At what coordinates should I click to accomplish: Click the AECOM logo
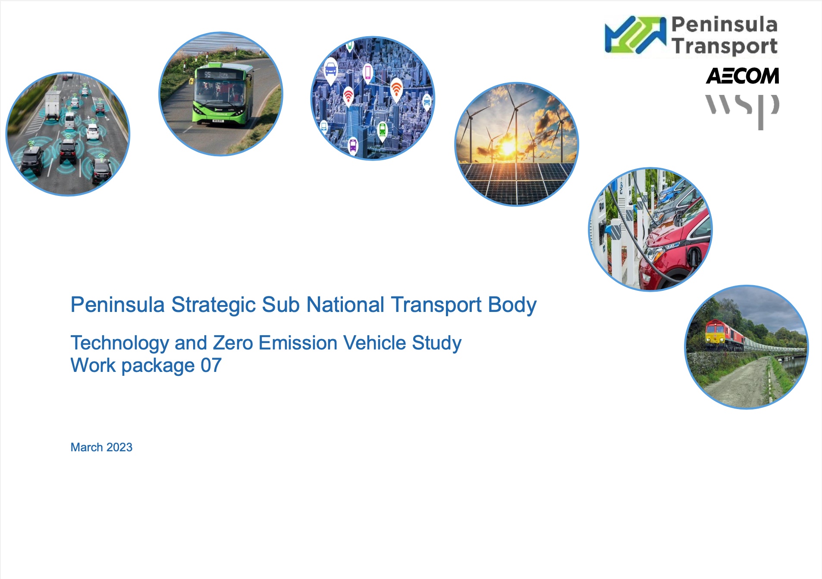point(742,76)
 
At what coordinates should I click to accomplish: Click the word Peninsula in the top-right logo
point(725,25)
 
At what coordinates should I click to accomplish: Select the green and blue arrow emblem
point(635,35)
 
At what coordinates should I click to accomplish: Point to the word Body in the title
point(512,305)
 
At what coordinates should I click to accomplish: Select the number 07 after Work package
point(211,365)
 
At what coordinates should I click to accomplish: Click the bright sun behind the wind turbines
point(508,147)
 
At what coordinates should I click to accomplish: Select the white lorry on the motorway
point(53,105)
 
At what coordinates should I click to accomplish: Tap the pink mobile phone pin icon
point(367,73)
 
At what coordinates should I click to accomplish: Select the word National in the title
point(345,305)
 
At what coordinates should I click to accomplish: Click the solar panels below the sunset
point(517,183)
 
